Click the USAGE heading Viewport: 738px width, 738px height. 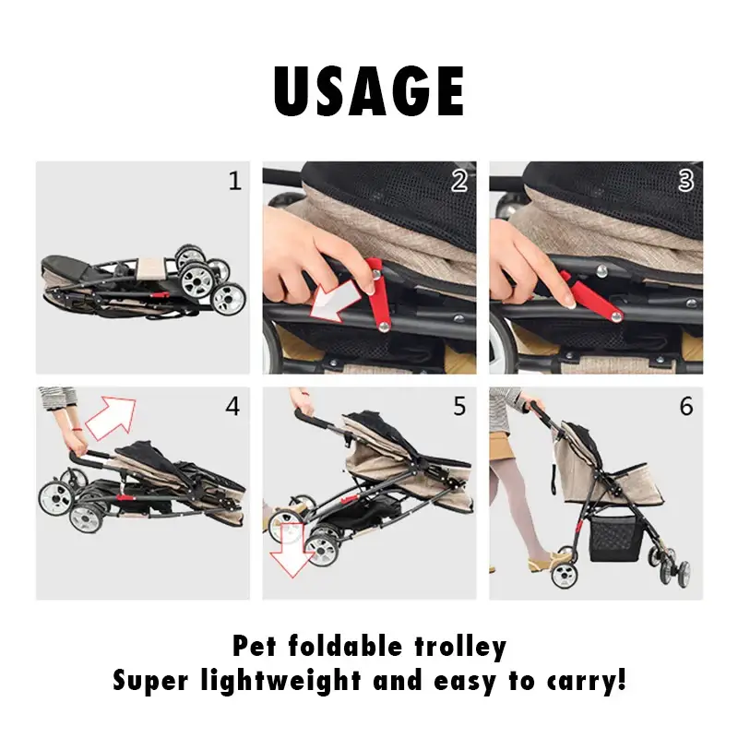coord(369,90)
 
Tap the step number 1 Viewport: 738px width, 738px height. coord(235,181)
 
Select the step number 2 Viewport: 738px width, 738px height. coord(458,181)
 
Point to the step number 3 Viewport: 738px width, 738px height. coord(685,181)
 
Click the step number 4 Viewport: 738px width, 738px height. coord(232,406)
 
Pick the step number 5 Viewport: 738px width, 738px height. coord(459,406)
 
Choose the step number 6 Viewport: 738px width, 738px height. coord(686,406)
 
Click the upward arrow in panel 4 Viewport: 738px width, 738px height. coord(112,417)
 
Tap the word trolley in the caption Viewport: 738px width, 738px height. coord(460,647)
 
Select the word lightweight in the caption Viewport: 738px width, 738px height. coord(281,682)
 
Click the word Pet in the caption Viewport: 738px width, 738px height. coord(255,646)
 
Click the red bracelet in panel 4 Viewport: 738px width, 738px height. coord(77,429)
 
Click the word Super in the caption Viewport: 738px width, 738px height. coord(150,682)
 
